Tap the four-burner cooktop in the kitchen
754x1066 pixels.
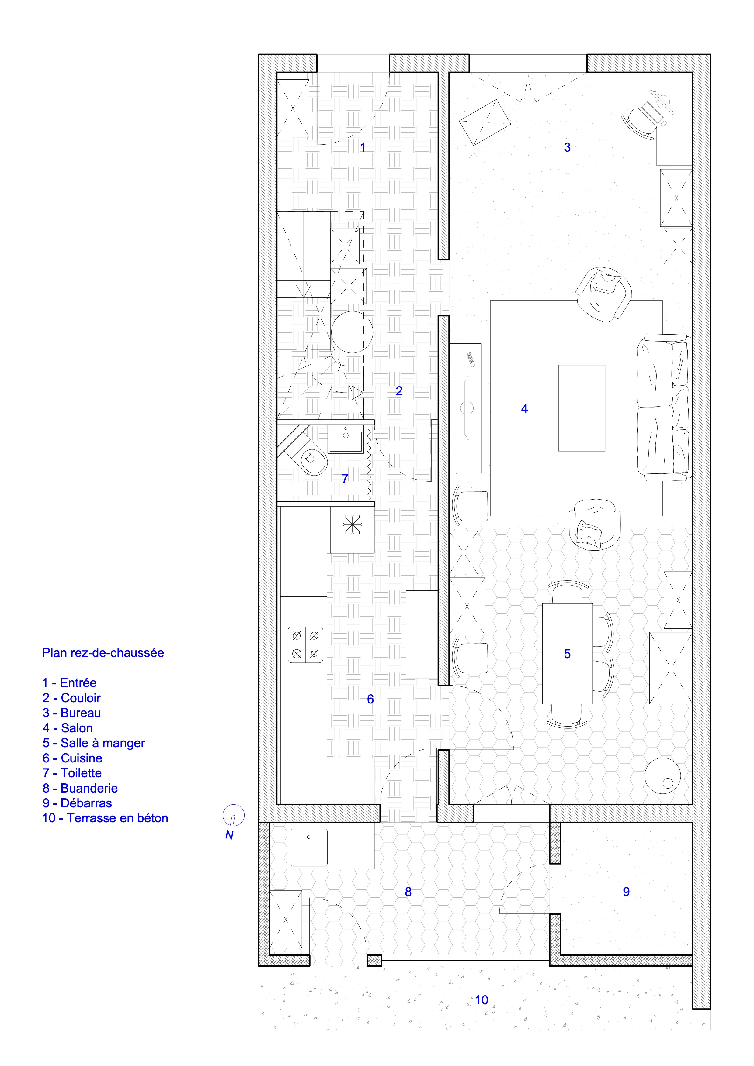tap(305, 645)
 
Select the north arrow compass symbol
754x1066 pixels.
tap(233, 815)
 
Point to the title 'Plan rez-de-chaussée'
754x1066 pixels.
tap(103, 652)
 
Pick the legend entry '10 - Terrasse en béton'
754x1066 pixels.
tap(105, 818)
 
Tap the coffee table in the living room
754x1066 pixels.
tap(581, 407)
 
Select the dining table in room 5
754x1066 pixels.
tap(567, 653)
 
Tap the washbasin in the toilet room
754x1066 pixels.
tap(345, 441)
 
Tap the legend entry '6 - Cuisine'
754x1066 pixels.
tap(72, 758)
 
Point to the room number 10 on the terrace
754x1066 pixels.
tap(481, 1000)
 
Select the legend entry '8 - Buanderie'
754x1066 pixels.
tap(80, 788)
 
